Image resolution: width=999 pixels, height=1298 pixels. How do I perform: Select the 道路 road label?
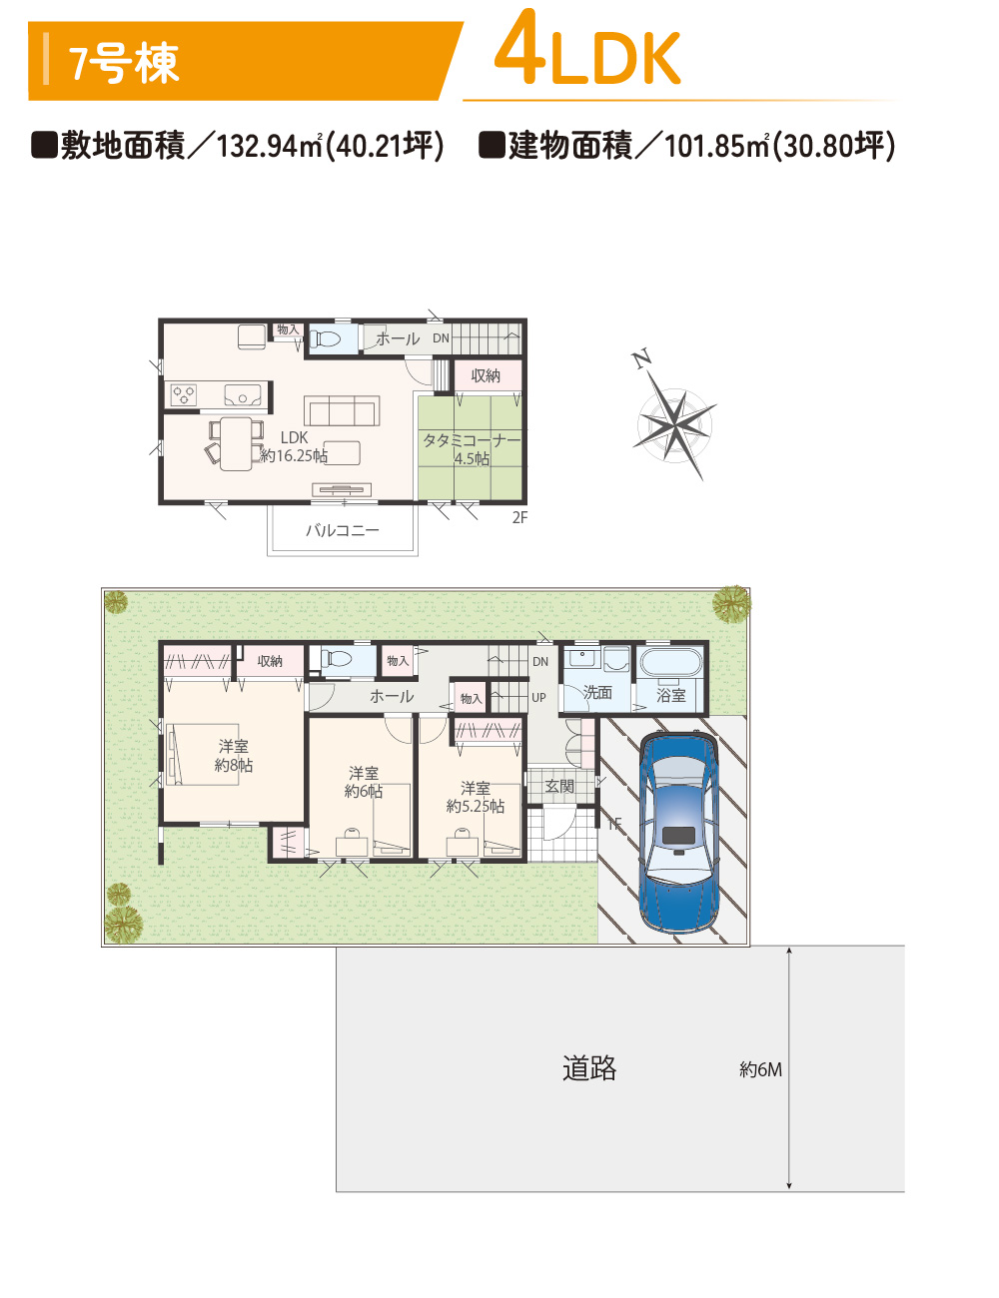[588, 1067]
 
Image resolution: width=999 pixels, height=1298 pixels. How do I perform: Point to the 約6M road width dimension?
[760, 1068]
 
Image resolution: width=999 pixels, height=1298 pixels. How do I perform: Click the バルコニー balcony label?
[343, 530]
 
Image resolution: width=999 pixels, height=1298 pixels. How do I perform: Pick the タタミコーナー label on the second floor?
[472, 441]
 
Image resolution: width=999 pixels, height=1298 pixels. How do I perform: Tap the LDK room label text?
[294, 437]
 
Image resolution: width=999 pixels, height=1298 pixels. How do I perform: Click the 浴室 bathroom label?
[671, 695]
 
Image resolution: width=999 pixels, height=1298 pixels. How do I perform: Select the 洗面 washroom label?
[597, 692]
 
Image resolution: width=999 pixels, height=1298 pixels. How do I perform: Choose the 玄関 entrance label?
[559, 786]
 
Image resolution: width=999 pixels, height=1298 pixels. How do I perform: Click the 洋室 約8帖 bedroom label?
[233, 755]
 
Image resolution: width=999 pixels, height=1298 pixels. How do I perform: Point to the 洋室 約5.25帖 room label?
[475, 797]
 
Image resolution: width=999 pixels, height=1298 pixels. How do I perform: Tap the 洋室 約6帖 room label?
[364, 782]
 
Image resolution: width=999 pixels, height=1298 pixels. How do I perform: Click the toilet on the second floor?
[325, 339]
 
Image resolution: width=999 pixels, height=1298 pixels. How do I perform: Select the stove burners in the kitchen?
[184, 394]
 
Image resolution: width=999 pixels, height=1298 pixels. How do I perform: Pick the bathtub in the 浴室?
[671, 662]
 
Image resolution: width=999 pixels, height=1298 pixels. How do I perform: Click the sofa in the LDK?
[342, 410]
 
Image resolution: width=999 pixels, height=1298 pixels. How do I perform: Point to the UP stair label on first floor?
[538, 697]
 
